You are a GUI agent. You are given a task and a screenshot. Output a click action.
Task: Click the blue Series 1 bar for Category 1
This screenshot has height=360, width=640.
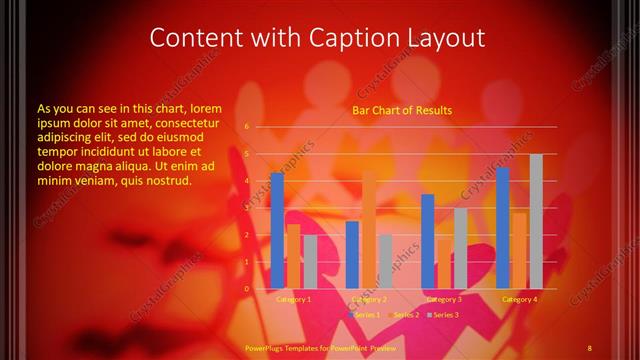pos(277,230)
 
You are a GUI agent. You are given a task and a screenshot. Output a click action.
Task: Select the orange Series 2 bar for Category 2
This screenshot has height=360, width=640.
pos(369,229)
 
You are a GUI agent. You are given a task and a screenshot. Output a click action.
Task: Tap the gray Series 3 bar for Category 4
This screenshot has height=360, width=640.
pos(536,221)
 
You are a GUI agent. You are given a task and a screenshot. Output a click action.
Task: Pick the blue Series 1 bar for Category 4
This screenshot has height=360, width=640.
pos(503,228)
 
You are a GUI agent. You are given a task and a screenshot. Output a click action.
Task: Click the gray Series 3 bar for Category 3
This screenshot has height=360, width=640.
pos(461,248)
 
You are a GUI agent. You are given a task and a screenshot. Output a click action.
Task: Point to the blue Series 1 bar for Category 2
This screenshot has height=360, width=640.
pos(352,254)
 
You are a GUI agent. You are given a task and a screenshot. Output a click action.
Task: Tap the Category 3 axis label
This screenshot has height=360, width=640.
pos(444,299)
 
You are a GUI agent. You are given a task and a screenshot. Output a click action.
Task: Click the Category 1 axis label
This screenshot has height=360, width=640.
pos(294,299)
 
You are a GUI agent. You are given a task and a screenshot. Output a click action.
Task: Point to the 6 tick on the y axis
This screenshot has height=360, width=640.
pos(247,127)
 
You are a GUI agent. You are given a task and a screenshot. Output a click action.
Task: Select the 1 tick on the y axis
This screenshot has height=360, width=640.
pos(247,262)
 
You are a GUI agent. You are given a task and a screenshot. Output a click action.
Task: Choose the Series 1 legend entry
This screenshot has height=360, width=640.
pos(364,315)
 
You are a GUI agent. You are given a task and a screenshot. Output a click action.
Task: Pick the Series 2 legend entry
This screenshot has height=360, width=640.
pos(403,315)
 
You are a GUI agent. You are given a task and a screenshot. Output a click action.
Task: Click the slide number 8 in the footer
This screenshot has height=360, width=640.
pos(590,347)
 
